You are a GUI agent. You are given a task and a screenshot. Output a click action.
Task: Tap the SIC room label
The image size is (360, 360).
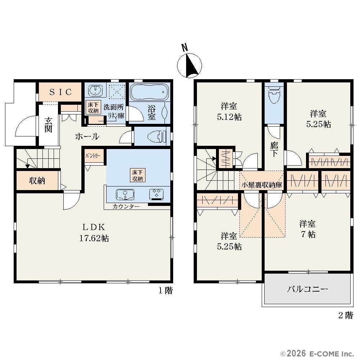(60, 92)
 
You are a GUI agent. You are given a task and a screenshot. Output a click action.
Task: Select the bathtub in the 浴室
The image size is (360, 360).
(149, 92)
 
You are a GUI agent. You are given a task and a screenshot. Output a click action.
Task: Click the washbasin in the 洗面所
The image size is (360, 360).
(95, 90)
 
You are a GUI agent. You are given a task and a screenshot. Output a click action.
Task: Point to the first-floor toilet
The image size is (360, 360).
(157, 136)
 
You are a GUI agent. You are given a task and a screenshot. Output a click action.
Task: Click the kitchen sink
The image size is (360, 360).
(125, 195)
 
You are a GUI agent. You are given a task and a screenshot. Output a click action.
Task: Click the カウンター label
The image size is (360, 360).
(126, 206)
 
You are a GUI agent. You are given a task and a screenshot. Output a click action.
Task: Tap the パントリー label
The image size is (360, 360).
(93, 156)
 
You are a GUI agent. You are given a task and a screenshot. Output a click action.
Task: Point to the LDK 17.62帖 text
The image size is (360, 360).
(94, 233)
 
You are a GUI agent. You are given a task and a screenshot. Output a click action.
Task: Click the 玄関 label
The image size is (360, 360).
(49, 125)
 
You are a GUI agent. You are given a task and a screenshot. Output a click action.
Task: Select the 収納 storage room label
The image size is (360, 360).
(37, 181)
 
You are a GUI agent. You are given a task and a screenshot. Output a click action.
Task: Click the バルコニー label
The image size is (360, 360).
(307, 289)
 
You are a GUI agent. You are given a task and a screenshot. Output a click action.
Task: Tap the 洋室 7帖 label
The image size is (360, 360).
(307, 229)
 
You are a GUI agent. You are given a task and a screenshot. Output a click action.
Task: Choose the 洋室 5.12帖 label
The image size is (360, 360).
(229, 112)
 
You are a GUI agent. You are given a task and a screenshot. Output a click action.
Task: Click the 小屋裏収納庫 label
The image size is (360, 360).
(262, 185)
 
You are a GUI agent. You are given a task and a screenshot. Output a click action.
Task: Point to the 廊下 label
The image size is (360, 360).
(274, 149)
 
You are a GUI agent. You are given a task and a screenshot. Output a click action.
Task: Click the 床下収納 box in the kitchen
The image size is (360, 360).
(138, 175)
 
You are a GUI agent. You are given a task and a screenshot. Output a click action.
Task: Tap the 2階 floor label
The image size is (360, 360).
(346, 315)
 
